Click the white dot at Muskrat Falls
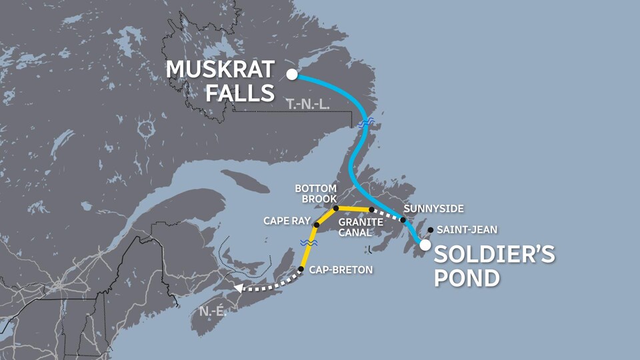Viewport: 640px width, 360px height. (x=291, y=74)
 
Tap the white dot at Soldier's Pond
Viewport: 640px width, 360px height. (x=425, y=245)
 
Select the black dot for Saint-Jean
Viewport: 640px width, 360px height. (x=431, y=230)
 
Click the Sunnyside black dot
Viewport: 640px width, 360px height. (x=403, y=220)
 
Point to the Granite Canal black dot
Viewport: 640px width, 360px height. (x=371, y=210)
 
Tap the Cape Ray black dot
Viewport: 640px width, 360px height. (x=317, y=225)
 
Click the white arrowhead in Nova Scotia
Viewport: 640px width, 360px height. (x=237, y=289)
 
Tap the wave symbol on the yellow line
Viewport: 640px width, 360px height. (x=308, y=243)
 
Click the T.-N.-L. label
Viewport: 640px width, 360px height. (x=307, y=104)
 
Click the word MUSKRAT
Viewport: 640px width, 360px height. (x=220, y=69)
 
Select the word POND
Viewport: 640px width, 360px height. (x=467, y=277)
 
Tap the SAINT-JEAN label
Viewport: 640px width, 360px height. (x=467, y=230)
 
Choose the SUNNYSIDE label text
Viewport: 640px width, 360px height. (x=433, y=209)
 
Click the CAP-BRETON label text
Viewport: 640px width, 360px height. (x=341, y=270)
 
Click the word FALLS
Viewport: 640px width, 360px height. (x=239, y=93)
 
